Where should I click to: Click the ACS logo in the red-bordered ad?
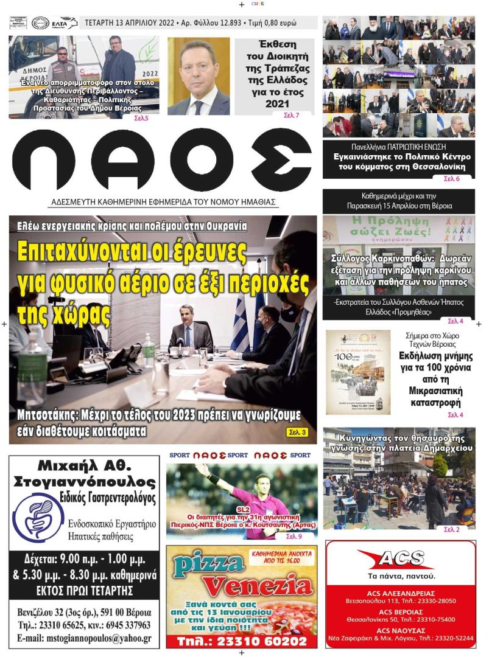[x=399, y=558]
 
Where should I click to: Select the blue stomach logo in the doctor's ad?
[x=38, y=518]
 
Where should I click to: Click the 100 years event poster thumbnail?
[x=358, y=372]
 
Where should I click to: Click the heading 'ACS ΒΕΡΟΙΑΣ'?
[x=400, y=611]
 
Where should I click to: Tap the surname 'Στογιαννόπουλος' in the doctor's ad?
[x=85, y=483]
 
